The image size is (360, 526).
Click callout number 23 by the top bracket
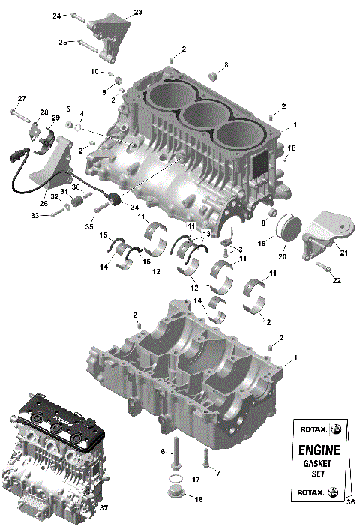click(137, 12)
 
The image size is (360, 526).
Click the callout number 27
click(22, 99)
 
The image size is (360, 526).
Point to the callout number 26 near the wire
click(43, 203)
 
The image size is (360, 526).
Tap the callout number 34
click(135, 208)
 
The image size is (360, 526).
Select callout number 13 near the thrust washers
click(208, 234)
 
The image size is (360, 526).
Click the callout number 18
click(292, 148)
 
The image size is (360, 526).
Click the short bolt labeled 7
click(205, 458)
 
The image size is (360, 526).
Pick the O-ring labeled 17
click(174, 479)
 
